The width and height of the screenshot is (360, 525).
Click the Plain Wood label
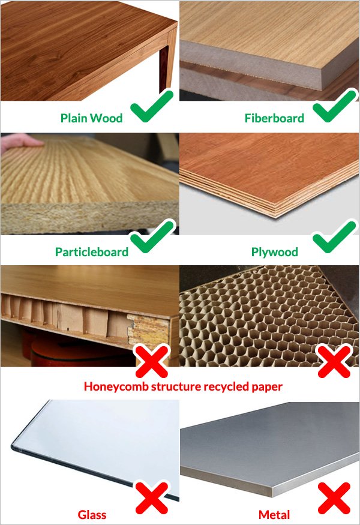pyautogui.click(x=91, y=118)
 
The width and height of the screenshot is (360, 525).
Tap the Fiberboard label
pyautogui.click(x=274, y=118)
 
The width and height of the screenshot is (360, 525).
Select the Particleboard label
pyautogui.click(x=92, y=252)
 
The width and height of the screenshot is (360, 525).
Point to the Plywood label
pyautogui.click(x=275, y=252)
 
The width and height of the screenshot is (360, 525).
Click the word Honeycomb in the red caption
pyautogui.click(x=116, y=386)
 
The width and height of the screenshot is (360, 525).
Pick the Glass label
pyautogui.click(x=92, y=515)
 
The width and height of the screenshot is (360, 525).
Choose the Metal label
pyautogui.click(x=274, y=515)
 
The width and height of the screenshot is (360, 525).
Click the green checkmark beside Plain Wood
pyautogui.click(x=152, y=106)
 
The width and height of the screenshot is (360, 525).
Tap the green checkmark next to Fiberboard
pyautogui.click(x=335, y=106)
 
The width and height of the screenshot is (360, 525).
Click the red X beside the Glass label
pyautogui.click(x=152, y=498)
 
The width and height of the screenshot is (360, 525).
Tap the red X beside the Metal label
pyautogui.click(x=334, y=498)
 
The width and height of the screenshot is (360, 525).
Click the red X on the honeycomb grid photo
pyautogui.click(x=334, y=362)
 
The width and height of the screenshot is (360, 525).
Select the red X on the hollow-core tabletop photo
pyautogui.click(x=152, y=362)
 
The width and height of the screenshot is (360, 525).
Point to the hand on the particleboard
pyautogui.click(x=21, y=142)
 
